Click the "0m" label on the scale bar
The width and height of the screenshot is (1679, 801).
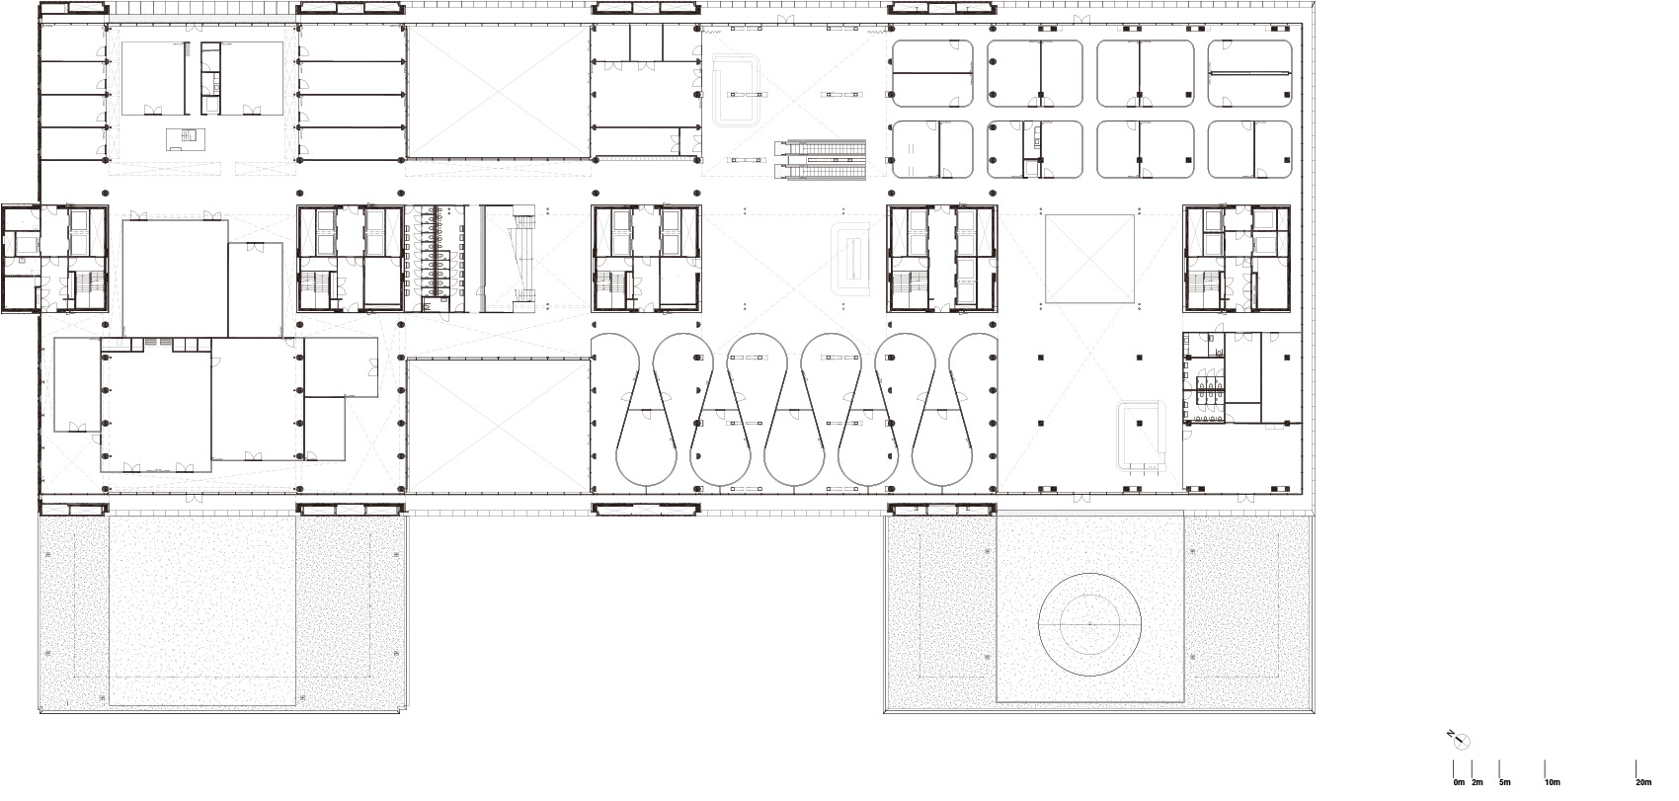[x=1459, y=782]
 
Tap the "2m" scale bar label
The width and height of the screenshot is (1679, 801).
[x=1477, y=782]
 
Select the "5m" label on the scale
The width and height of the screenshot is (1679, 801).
[x=1504, y=782]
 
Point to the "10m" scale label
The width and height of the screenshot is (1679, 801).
[x=1552, y=782]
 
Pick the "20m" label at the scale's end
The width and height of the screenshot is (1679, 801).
[x=1643, y=782]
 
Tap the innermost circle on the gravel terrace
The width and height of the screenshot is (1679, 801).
[x=1090, y=624]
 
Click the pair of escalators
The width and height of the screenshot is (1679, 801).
[x=821, y=158]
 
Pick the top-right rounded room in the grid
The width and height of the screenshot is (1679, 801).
[x=1249, y=73]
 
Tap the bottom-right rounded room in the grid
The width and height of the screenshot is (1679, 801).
[x=1249, y=149]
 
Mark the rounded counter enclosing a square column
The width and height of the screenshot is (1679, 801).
[x=1144, y=432]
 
